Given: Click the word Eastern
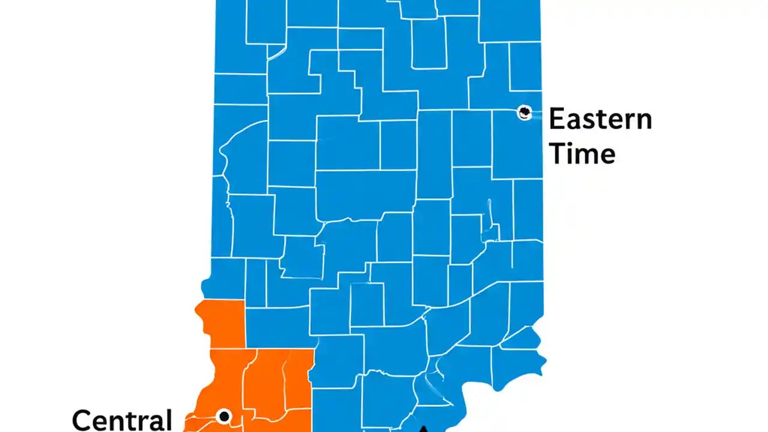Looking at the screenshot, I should click(599, 119).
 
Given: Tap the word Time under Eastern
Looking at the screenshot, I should click(582, 154).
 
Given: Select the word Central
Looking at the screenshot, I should click(122, 419).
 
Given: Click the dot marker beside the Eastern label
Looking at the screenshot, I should click(524, 112).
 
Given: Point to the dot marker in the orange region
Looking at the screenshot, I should click(224, 416).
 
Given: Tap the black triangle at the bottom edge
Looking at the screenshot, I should click(424, 428).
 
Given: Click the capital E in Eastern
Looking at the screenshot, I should click(557, 119).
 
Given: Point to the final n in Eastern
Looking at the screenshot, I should click(643, 122).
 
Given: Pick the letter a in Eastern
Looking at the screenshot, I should click(576, 122).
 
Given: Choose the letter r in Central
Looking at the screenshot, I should click(143, 422).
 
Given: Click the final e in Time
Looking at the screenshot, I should click(607, 156).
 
